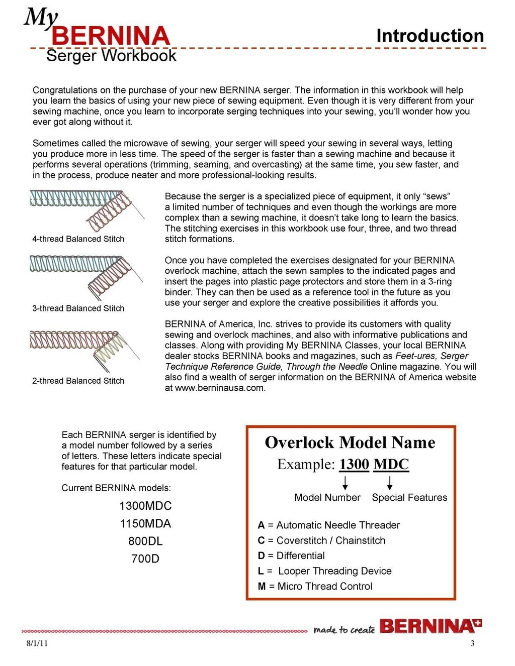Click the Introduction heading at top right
coord(430,36)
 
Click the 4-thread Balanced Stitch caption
coord(78,239)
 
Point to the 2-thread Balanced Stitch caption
coord(78,381)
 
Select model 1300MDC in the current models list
coord(145,506)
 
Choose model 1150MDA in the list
coord(145,523)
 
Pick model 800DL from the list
coord(145,541)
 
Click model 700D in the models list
coord(145,559)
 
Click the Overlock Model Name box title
coord(350,442)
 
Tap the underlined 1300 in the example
coord(354,464)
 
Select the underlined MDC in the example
coord(391,464)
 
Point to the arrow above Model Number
coord(346,483)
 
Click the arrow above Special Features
coord(390,483)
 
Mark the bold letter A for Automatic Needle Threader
coord(261,525)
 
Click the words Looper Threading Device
coord(334,571)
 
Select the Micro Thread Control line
coord(315,586)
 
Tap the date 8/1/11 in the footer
coord(37,644)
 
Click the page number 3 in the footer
coord(472,644)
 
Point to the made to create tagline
coord(344,629)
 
